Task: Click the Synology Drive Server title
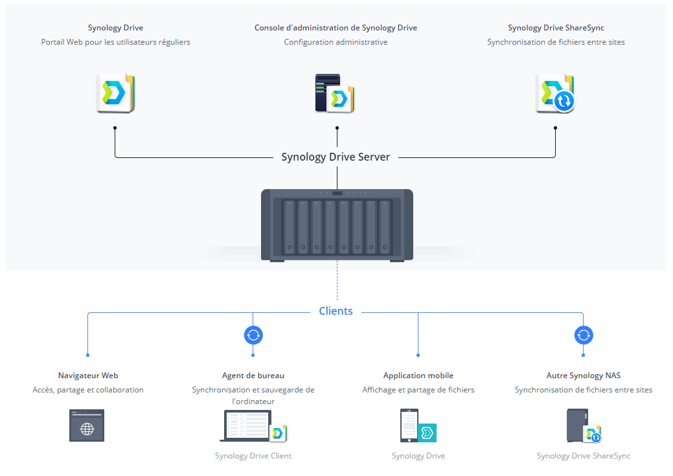tap(336, 157)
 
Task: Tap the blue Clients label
tap(336, 312)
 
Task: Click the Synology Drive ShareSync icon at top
tap(555, 93)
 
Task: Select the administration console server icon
tap(335, 93)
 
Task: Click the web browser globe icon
tap(87, 425)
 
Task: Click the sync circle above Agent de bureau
tap(253, 335)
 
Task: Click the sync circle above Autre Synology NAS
tap(584, 335)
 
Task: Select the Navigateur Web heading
tap(88, 376)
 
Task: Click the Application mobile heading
tap(418, 376)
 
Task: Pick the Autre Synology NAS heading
tap(583, 376)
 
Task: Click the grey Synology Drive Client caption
tap(253, 456)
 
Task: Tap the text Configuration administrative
tap(336, 42)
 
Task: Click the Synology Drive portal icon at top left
tap(115, 93)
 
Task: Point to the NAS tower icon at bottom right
tap(578, 425)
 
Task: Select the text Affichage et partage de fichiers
tap(418, 390)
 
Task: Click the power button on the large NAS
tap(337, 193)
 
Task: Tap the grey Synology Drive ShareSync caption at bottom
tap(583, 456)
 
